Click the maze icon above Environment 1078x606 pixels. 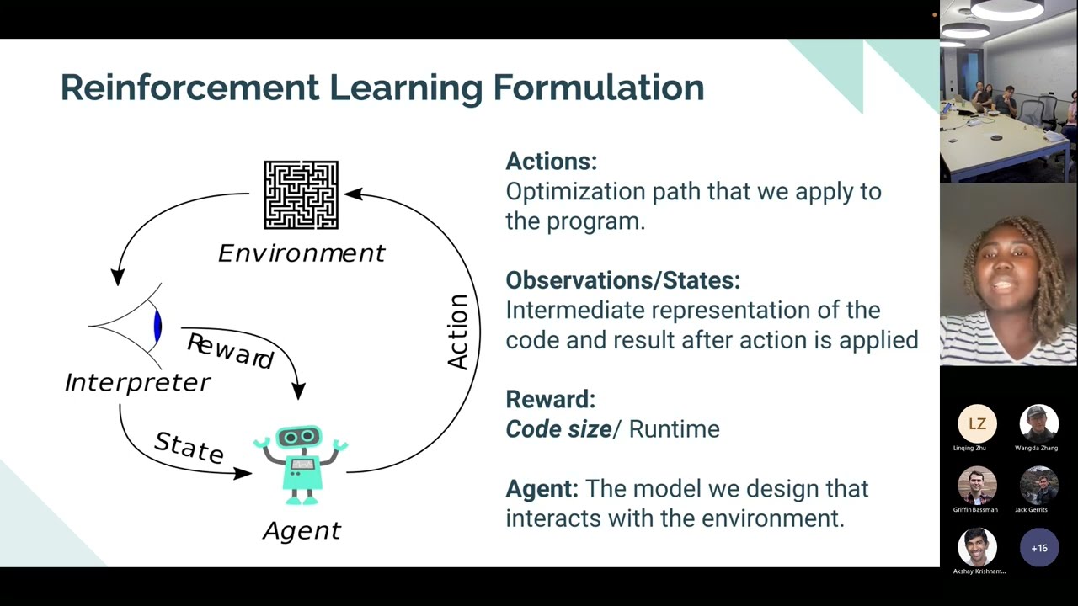coord(301,195)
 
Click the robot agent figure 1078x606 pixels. coord(301,465)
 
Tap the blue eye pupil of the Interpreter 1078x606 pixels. coord(157,326)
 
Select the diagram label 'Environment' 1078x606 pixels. coord(301,253)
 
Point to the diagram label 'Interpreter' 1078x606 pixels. coord(137,382)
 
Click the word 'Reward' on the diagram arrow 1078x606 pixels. coord(230,351)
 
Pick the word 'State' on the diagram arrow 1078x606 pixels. coord(189,447)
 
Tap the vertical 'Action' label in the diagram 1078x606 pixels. coord(457,332)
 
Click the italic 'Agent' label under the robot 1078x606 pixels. coord(302,530)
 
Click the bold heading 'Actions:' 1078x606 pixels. coord(551,162)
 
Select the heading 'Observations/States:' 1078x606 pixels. coord(622,280)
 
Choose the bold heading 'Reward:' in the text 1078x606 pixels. coord(550,399)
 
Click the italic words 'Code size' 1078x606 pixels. coord(558,429)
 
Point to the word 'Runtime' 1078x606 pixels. coord(674,429)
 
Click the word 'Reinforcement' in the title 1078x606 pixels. coord(189,88)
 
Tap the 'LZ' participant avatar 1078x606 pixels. coord(977,424)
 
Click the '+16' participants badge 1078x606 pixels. coord(1038,548)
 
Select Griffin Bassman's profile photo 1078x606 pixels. coord(977,486)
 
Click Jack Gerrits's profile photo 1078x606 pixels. coord(1038,486)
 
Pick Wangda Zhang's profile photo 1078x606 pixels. coord(1038,424)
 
